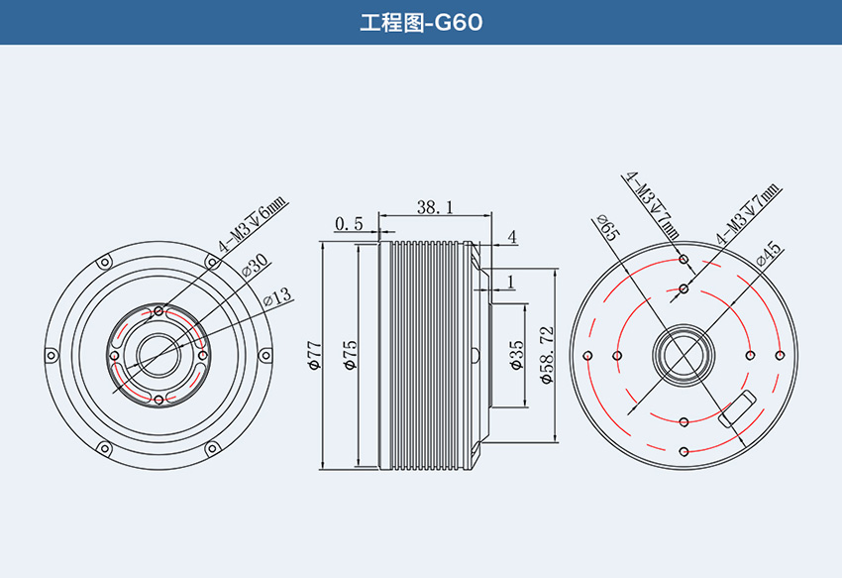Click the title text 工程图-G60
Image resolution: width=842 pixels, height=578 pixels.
click(x=421, y=23)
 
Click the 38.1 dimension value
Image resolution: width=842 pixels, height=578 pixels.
click(x=435, y=207)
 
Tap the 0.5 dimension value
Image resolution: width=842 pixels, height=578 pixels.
click(x=349, y=224)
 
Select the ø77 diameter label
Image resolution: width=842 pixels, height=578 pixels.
click(x=315, y=355)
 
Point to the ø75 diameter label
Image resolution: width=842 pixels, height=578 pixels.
click(x=350, y=355)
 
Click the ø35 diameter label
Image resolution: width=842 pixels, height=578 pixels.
click(x=516, y=355)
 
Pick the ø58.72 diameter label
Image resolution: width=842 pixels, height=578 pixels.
click(x=547, y=355)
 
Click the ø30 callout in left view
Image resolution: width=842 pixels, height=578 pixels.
click(x=255, y=265)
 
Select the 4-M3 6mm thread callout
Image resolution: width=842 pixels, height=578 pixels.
click(x=253, y=225)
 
